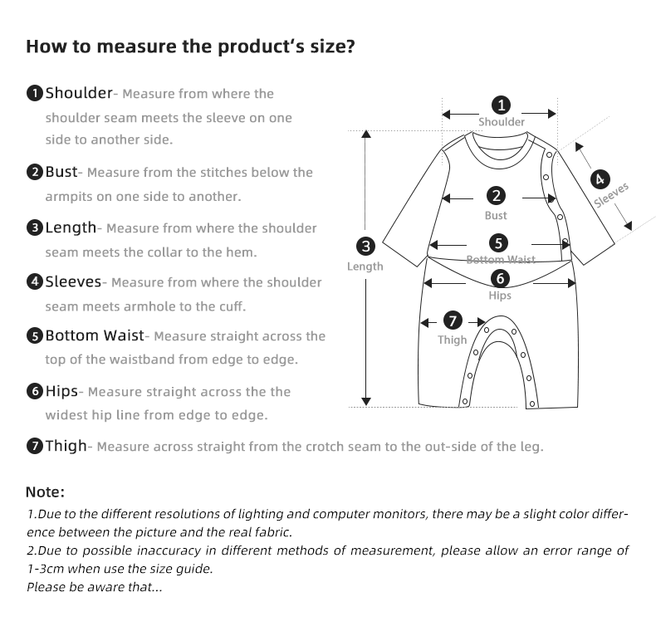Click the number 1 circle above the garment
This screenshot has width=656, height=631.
[501, 105]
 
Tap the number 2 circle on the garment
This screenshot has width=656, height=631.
[496, 197]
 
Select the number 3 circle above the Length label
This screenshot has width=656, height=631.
[365, 247]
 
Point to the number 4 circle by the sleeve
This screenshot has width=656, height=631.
[600, 179]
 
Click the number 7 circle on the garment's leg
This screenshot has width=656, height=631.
[452, 320]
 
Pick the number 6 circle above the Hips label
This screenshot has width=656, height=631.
[500, 279]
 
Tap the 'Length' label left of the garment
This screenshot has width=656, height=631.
[365, 267]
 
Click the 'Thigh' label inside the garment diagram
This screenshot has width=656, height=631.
[453, 340]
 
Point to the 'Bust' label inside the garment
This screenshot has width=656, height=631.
[496, 216]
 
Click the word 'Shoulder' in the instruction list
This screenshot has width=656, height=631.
[78, 93]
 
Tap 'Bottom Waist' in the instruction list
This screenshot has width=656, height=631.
[94, 336]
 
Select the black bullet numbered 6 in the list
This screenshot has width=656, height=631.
[35, 391]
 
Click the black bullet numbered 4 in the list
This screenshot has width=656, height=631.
[35, 282]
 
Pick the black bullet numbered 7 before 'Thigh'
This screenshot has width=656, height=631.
[35, 447]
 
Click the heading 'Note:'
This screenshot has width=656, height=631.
[46, 492]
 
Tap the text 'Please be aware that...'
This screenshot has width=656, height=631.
[95, 588]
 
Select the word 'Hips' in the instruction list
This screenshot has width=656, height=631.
[61, 391]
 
